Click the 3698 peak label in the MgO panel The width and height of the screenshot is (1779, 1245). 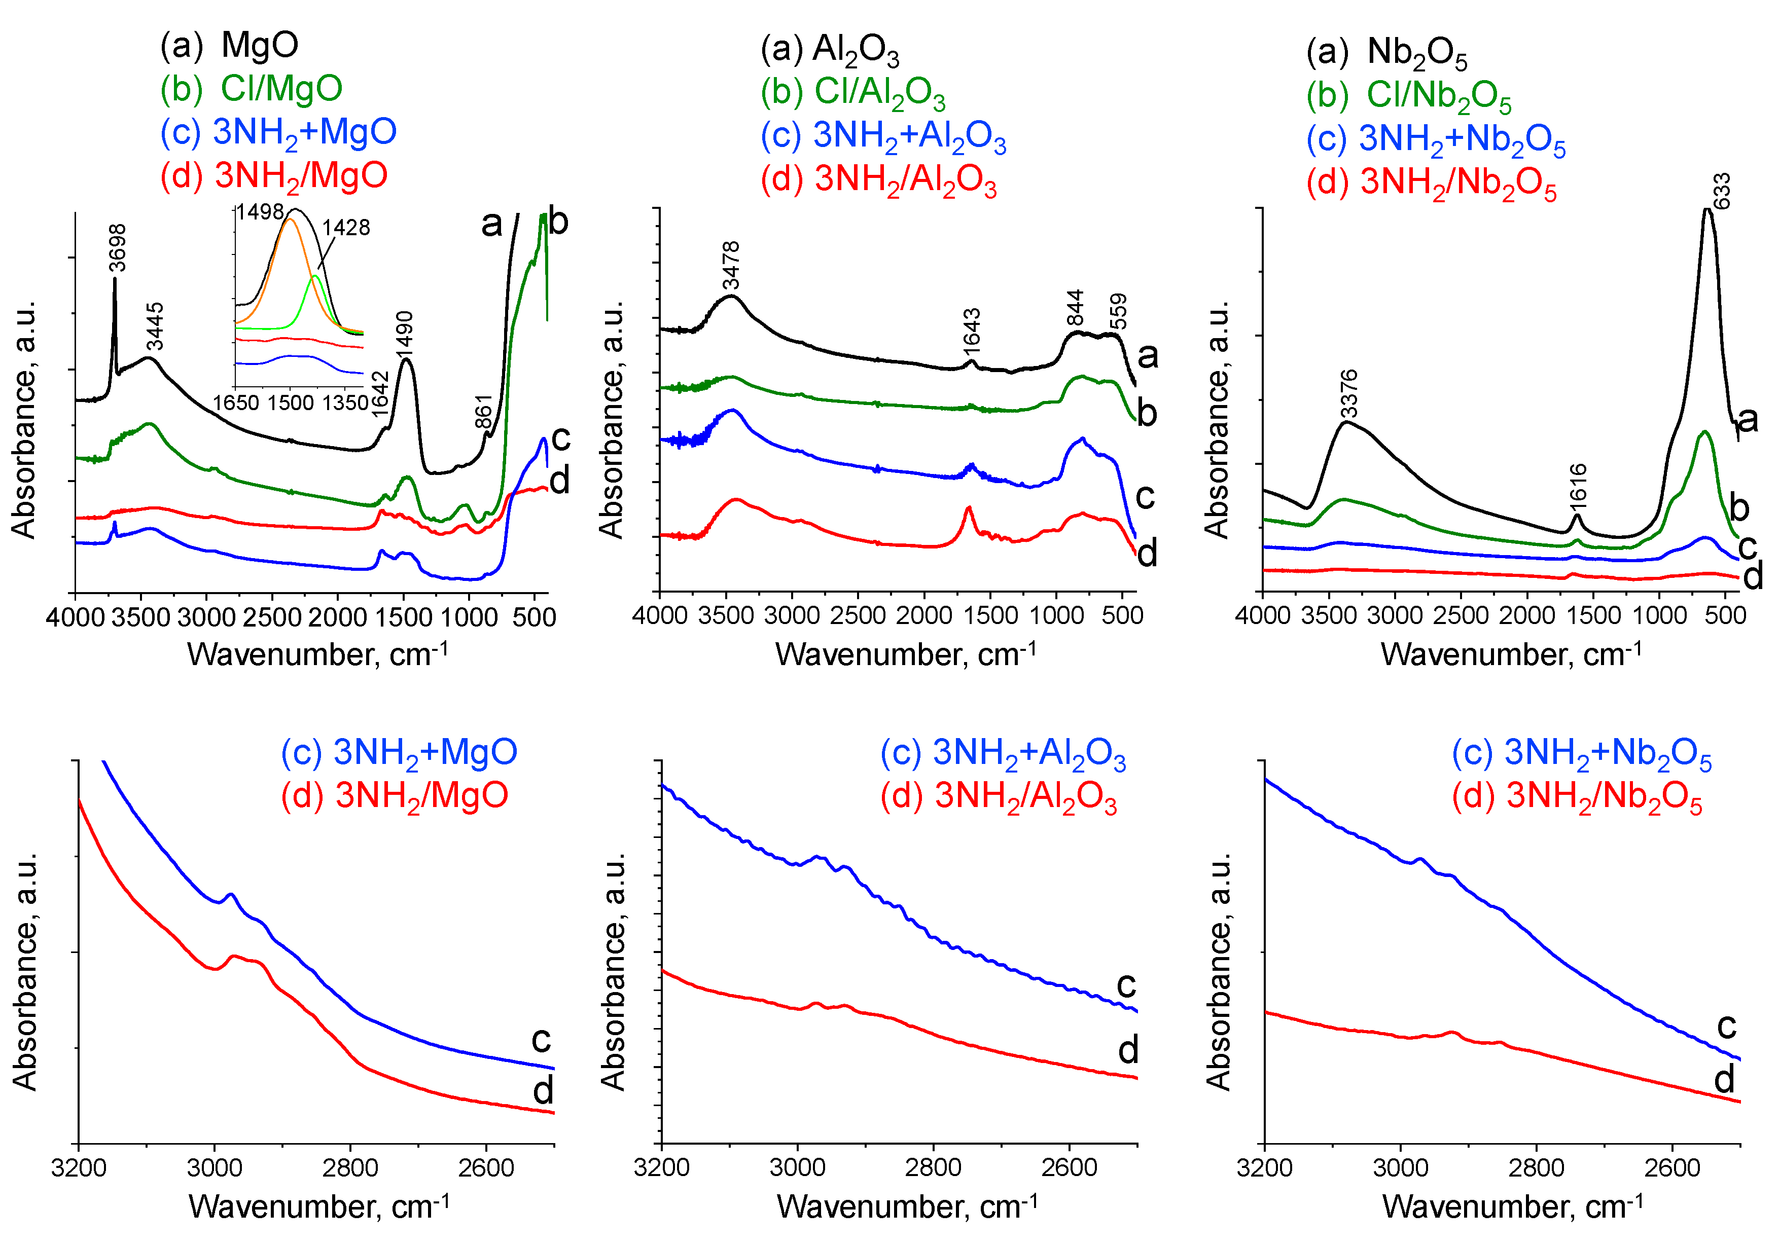(x=117, y=248)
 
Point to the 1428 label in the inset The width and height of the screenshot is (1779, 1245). (x=346, y=227)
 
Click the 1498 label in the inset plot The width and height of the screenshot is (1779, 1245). (x=260, y=211)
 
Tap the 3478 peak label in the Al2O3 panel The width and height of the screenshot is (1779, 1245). (x=731, y=265)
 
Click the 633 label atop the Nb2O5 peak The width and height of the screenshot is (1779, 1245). (x=1720, y=191)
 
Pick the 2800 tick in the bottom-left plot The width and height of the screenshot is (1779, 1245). (x=350, y=1167)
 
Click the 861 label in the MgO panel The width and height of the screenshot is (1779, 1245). (x=483, y=412)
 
